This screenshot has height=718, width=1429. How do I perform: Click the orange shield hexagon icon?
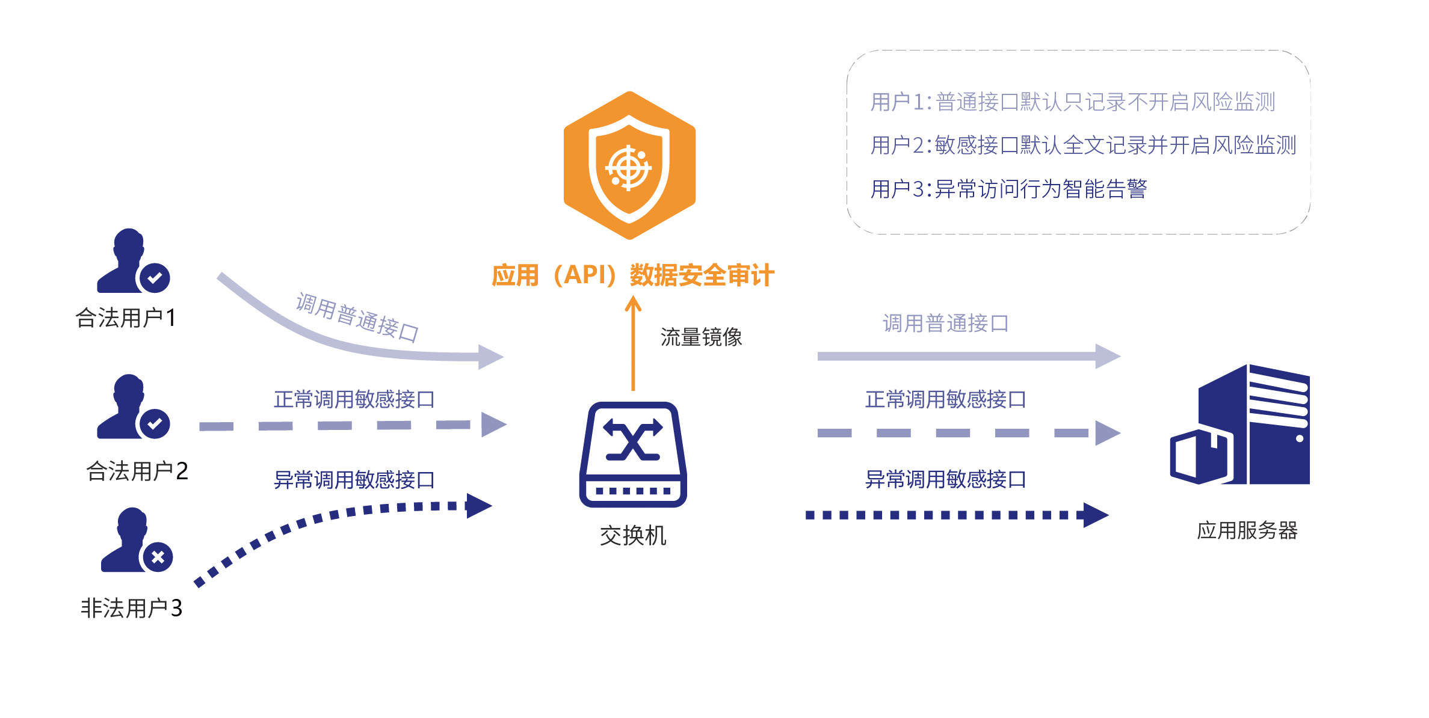tap(629, 165)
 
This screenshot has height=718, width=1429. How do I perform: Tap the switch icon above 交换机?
tap(632, 454)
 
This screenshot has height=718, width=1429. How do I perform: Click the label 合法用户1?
tap(125, 318)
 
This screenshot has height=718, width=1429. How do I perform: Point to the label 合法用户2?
tap(137, 471)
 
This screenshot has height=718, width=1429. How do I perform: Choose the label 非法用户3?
tap(131, 608)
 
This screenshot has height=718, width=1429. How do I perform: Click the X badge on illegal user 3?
tap(158, 557)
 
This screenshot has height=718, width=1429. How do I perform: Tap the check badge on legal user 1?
tap(155, 278)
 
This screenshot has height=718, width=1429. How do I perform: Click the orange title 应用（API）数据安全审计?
tap(632, 275)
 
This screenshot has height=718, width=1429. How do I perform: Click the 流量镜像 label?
tap(701, 337)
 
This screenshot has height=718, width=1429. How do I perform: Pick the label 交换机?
tap(632, 535)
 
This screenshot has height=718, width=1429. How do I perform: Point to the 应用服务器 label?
tap(1247, 530)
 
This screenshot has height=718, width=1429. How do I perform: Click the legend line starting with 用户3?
tap(1008, 189)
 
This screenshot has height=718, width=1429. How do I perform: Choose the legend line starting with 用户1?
tap(1072, 102)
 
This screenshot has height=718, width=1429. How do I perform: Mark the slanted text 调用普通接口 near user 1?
tap(357, 317)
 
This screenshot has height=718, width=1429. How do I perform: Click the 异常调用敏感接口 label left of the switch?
tap(354, 480)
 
